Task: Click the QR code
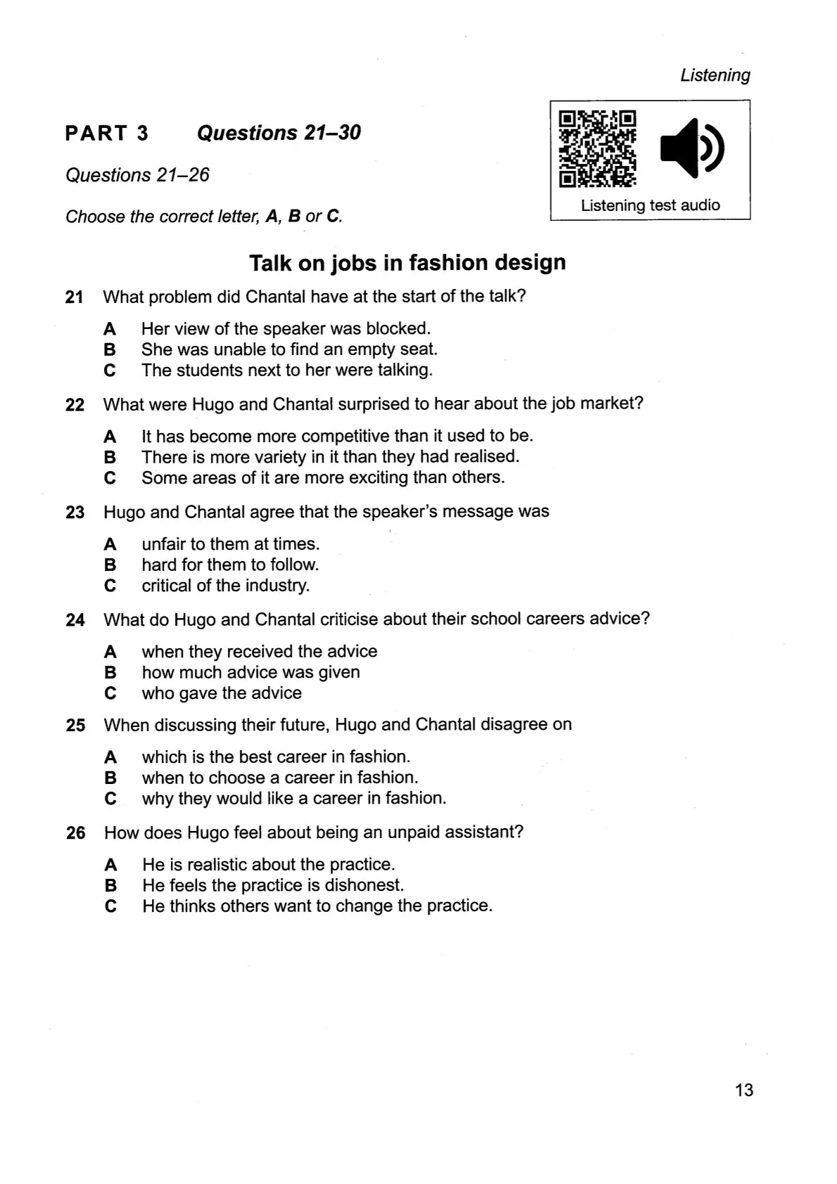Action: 598,148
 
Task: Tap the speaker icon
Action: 691,148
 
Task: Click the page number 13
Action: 743,1090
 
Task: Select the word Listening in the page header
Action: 715,75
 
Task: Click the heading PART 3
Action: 107,133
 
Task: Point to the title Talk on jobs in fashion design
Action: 407,263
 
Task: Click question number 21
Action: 75,297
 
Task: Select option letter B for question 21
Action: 110,349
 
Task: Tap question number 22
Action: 75,405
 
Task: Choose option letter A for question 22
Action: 110,437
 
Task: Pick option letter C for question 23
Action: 110,586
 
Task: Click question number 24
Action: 75,620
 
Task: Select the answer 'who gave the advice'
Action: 222,693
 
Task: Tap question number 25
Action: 75,725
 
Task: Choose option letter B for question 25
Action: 110,778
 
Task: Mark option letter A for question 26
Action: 110,865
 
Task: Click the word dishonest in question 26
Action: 366,885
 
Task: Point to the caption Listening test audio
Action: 650,205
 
